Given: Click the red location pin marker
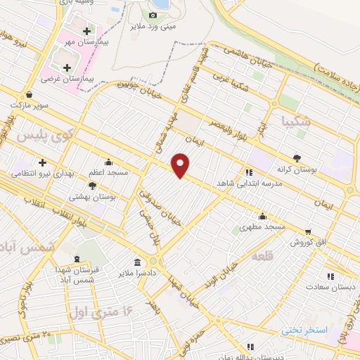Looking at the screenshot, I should click(x=181, y=165).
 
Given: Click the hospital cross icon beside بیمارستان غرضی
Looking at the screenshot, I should click(x=67, y=68).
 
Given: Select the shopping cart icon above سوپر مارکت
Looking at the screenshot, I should click(x=28, y=95).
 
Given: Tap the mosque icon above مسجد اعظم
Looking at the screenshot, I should click(x=108, y=161).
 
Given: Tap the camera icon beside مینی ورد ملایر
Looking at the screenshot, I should click(x=153, y=15).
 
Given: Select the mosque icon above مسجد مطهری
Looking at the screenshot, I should click(x=262, y=215).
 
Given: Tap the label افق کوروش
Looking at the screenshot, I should click(x=307, y=242).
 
